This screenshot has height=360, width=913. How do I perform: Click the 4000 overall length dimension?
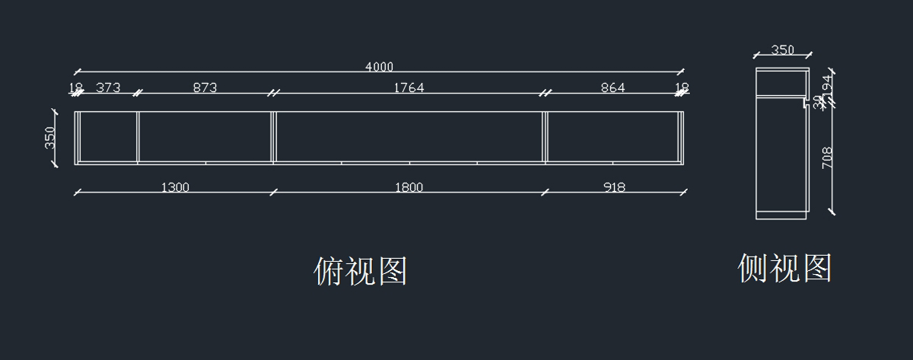tap(379, 67)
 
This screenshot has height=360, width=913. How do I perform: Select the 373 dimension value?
tap(108, 88)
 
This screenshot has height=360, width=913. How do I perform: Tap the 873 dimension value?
tap(205, 88)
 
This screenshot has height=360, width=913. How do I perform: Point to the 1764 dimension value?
tap(409, 88)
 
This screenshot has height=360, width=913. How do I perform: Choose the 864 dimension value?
tap(612, 88)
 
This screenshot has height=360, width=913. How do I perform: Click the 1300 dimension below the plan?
tap(175, 187)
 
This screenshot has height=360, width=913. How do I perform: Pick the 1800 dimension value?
tap(409, 187)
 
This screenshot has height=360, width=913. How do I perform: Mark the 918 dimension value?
tap(614, 187)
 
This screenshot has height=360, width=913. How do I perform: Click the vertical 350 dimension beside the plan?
tap(50, 137)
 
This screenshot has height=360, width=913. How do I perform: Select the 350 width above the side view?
tap(782, 50)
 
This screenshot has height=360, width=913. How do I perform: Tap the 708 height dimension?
tap(828, 158)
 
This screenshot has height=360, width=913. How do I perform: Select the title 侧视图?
tap(785, 268)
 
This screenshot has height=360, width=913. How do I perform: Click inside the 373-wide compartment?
tap(108, 137)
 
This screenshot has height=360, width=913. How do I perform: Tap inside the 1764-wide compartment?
tap(409, 137)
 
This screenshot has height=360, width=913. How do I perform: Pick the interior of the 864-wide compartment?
tap(612, 137)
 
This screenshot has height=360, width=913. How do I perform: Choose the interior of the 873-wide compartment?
tap(205, 137)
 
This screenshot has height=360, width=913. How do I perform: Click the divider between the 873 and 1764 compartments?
tap(272, 137)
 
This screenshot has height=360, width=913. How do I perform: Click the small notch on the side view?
tap(806, 100)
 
